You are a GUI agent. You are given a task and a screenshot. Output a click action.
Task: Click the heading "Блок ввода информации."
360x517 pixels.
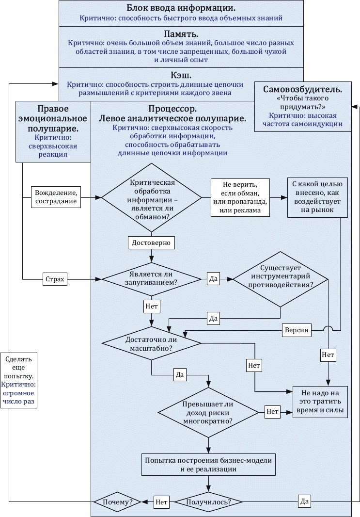[x=181, y=8]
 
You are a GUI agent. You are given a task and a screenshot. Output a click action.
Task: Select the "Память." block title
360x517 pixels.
[x=181, y=34]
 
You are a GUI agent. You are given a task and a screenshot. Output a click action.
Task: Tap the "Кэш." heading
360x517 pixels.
[x=181, y=75]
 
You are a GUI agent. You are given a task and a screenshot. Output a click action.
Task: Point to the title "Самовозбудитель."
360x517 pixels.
[x=303, y=89]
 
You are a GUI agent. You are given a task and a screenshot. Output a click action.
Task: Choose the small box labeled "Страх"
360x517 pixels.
[x=55, y=279]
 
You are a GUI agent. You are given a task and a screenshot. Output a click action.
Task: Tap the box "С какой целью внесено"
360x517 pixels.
[x=317, y=197]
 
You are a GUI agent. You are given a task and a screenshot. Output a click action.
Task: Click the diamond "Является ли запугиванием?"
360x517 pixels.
[x=152, y=279]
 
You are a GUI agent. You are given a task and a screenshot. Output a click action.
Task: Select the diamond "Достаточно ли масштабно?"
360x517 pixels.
[x=152, y=342]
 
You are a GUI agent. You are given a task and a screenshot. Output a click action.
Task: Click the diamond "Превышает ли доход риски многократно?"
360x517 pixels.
[x=209, y=412]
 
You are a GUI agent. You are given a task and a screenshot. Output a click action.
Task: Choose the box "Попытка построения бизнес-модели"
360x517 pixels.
[x=208, y=464]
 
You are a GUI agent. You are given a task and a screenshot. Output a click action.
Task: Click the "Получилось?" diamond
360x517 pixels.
[x=209, y=501]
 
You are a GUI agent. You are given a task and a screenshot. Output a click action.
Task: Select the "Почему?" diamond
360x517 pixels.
[x=117, y=501]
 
